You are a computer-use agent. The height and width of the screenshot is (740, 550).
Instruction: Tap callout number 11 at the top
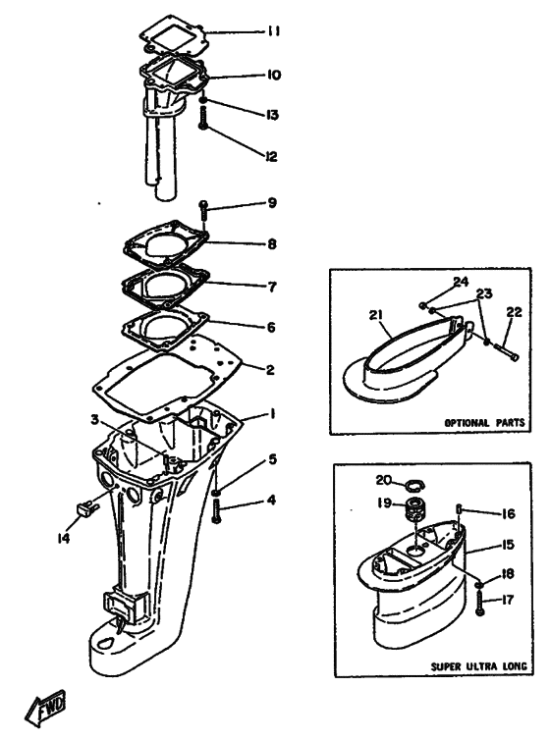[x=272, y=31]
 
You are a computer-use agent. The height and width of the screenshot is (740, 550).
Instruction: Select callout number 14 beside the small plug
[x=64, y=538]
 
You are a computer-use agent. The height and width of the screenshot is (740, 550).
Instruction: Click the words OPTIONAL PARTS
[x=485, y=422]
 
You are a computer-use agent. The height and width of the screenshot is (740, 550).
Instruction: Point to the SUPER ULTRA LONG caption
[x=478, y=666]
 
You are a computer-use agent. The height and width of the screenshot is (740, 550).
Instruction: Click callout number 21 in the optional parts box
[x=376, y=315]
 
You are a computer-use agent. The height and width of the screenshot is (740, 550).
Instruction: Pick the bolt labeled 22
[x=507, y=351]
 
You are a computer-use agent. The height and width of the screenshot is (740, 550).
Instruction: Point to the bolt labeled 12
[x=203, y=119]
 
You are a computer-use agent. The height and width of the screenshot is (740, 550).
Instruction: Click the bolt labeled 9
[x=204, y=211]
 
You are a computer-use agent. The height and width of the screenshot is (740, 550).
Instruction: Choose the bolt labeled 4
[x=217, y=512]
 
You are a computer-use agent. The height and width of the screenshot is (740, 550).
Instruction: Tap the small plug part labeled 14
[x=86, y=508]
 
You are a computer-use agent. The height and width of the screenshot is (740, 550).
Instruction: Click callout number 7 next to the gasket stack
[x=272, y=287]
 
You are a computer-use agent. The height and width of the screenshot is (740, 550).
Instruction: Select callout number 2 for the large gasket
[x=270, y=369]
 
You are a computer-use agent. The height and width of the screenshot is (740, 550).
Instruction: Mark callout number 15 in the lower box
[x=507, y=545]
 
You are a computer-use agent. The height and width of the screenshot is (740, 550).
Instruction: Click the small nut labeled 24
[x=423, y=305]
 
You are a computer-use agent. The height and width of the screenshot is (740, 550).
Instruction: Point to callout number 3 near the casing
[x=96, y=419]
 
